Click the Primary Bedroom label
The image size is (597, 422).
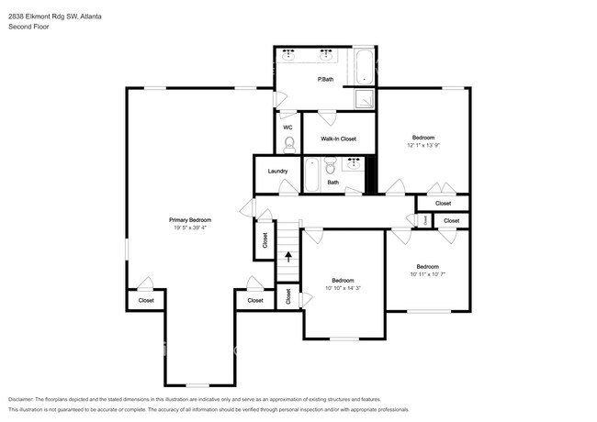coord(190,219)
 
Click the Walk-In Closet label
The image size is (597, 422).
coord(338,139)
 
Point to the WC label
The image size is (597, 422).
coord(287,128)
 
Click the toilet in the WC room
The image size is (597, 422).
coord(288,143)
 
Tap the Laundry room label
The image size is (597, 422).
coord(277,172)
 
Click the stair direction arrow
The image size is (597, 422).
coord(289,257)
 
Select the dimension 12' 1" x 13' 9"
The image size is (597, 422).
coord(423,145)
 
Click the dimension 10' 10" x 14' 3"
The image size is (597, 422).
coord(343,289)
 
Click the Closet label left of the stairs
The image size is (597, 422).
coord(265,240)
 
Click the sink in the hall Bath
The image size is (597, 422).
coord(354,163)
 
